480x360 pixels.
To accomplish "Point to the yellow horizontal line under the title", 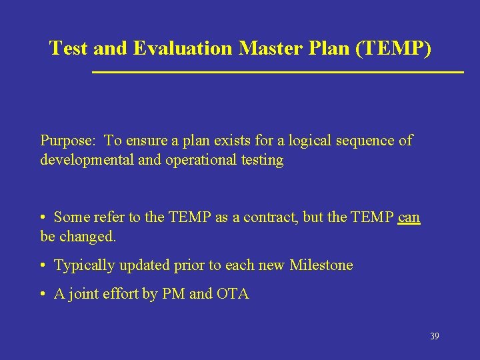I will point(277,71).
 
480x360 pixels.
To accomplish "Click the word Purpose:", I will point(69,141).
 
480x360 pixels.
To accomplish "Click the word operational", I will point(192,160).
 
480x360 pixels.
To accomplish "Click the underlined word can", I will point(409,217).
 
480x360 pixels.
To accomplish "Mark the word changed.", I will point(87,237).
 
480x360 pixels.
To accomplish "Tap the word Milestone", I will point(321,265).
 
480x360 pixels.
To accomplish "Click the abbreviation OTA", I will point(233,295).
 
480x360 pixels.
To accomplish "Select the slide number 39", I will point(434,337).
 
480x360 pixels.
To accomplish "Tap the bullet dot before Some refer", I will point(43,218).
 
